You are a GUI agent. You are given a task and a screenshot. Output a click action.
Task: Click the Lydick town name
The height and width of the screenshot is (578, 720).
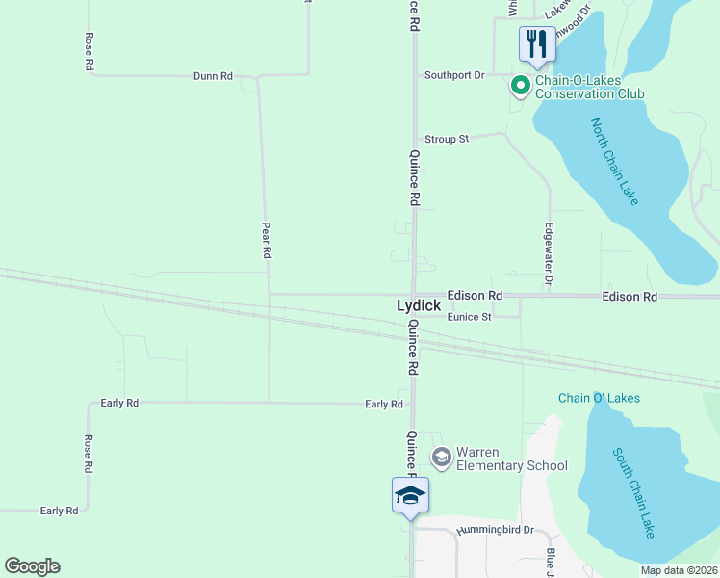(x=419, y=305)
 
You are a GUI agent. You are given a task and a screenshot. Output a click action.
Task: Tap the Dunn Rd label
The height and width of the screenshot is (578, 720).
(x=213, y=75)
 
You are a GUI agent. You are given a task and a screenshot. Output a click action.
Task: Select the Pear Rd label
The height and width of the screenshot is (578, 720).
(x=268, y=240)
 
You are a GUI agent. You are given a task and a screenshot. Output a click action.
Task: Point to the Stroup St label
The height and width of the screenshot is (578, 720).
(x=447, y=139)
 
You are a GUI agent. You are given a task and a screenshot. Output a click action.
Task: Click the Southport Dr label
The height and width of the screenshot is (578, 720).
(x=455, y=75)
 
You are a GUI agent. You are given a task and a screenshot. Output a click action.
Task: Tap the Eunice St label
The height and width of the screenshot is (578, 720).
(x=469, y=316)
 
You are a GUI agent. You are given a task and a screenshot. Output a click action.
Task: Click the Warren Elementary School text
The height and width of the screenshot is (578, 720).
(x=511, y=459)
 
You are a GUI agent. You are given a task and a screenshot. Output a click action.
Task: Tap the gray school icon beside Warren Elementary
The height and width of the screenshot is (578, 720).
(x=442, y=457)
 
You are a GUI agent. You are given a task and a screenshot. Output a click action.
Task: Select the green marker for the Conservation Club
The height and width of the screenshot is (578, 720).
(x=520, y=87)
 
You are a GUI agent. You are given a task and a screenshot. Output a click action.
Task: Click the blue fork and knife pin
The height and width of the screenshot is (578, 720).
(x=536, y=43)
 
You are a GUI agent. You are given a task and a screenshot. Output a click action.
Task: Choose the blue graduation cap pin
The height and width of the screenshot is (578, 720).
(x=410, y=495)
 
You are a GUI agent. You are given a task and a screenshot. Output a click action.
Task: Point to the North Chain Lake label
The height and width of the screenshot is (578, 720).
(x=614, y=161)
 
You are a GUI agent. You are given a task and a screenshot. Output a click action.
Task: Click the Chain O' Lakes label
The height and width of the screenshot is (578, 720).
(x=599, y=398)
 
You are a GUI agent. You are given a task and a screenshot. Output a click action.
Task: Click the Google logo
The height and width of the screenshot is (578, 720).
(x=32, y=566)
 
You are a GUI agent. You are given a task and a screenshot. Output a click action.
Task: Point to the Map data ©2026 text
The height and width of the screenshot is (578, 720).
(x=678, y=570)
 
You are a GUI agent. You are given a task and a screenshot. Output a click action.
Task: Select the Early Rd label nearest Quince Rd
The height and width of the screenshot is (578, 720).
(x=383, y=405)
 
